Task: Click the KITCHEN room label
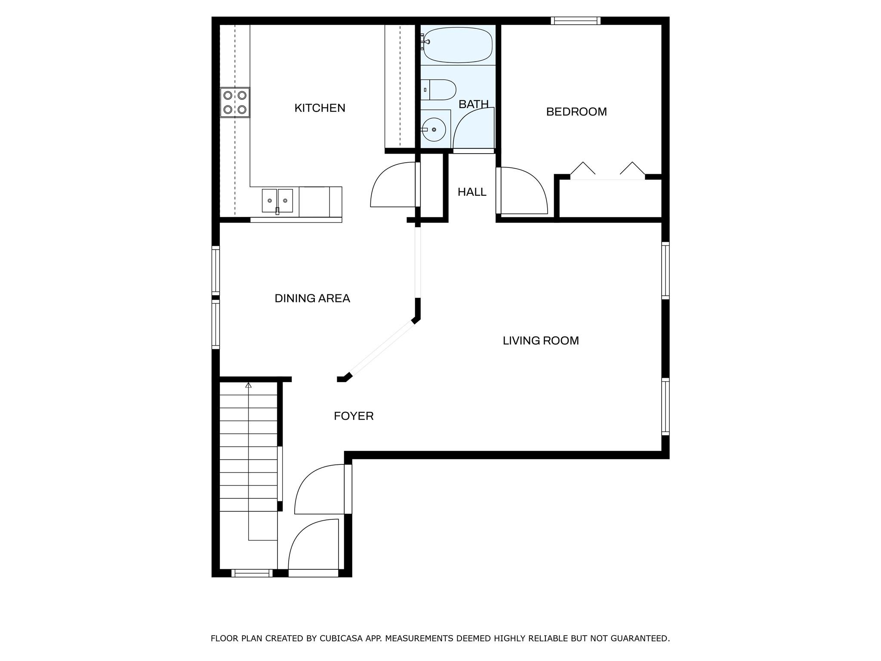320,108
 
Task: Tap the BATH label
473,104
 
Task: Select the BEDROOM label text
576,112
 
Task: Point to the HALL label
472,192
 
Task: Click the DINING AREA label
312,298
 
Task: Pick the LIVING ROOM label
540,341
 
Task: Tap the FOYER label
354,416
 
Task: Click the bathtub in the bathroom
458,45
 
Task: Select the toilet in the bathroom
439,90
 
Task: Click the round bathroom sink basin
434,130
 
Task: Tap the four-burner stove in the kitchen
235,102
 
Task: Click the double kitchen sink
277,201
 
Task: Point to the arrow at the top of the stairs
248,385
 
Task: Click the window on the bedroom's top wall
576,21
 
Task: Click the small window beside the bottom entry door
252,573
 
